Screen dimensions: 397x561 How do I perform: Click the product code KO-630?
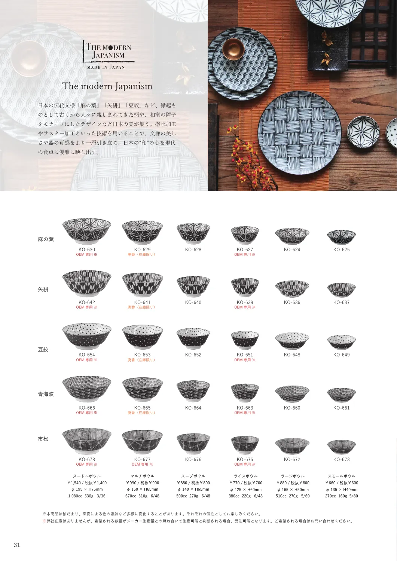87,249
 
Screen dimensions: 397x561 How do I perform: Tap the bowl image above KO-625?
341,237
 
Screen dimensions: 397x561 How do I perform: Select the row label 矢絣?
43,289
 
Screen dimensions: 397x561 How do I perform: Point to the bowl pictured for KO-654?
87,336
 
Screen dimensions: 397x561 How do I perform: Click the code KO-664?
193,408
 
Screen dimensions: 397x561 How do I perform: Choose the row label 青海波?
46,394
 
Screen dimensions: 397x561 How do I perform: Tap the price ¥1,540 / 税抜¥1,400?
87,483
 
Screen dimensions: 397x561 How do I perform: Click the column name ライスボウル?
245,476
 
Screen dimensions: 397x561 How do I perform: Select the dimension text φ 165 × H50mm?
293,489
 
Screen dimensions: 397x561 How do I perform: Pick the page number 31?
17,545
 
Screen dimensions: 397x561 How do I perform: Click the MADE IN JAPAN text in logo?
106,67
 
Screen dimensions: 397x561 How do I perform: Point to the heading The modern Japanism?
107,86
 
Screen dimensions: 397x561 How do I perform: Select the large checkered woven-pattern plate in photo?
300,132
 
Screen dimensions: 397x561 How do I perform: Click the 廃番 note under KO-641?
142,307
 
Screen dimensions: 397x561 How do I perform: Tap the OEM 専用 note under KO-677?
142,464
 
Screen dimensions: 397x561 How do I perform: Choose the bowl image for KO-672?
292,446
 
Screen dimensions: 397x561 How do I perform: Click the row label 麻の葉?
46,239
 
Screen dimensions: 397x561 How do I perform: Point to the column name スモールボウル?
342,476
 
